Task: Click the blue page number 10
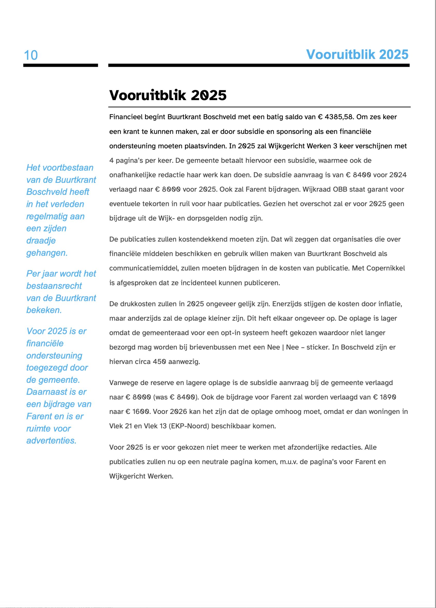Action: (x=31, y=55)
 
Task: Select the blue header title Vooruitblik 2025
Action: (x=357, y=55)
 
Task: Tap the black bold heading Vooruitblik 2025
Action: (x=168, y=95)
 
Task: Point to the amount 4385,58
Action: (x=339, y=117)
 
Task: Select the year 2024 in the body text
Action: (x=398, y=175)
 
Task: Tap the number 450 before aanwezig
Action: (x=160, y=362)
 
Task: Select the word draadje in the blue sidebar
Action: (x=41, y=240)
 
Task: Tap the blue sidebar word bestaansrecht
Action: (x=54, y=286)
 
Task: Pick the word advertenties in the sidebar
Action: (x=52, y=440)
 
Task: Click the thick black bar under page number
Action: (x=61, y=65)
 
